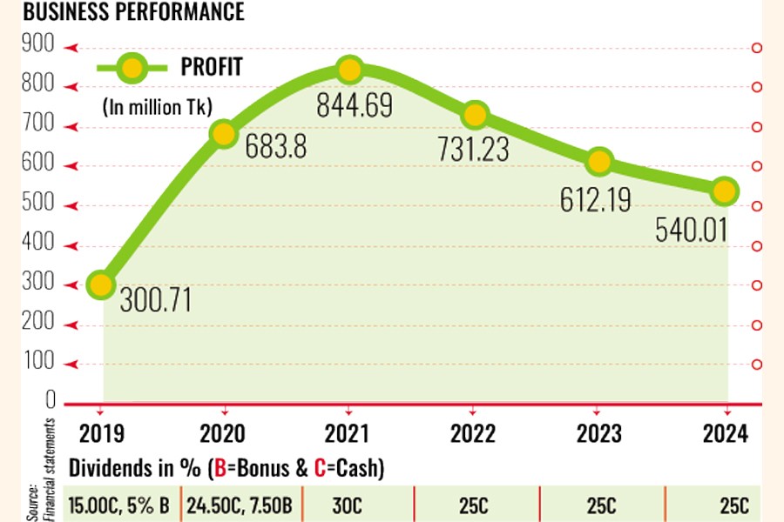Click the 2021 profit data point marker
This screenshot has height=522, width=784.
349,70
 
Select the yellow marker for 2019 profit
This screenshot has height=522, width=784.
102,284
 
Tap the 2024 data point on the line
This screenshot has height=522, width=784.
725,191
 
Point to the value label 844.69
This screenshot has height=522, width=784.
356,107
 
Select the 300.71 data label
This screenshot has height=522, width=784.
154,301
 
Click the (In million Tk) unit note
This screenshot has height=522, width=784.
158,107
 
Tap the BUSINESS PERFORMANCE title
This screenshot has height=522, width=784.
121,13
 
